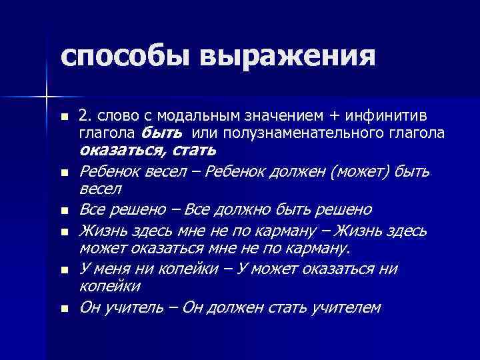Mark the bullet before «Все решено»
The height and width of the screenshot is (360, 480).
click(64, 211)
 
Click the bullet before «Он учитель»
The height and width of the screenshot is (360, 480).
click(64, 309)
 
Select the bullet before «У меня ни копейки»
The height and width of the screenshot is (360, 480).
click(64, 271)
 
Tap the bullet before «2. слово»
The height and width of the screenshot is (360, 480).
click(64, 117)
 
